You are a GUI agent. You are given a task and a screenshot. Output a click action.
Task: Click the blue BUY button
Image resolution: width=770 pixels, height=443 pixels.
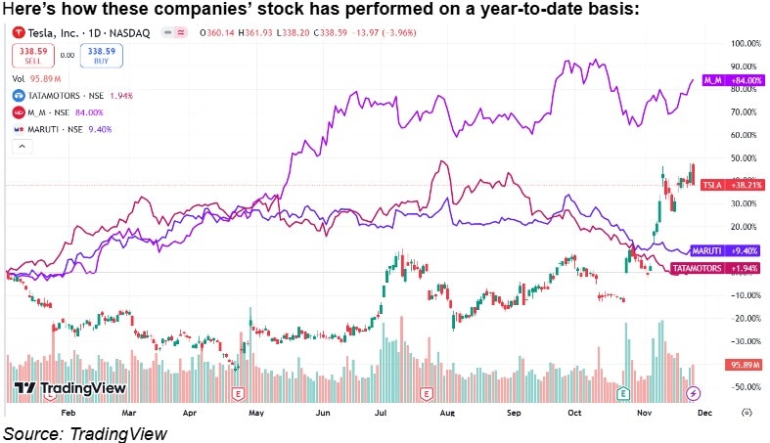click(102, 57)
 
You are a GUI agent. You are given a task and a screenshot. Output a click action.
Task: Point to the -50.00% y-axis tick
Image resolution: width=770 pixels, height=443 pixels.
click(748, 387)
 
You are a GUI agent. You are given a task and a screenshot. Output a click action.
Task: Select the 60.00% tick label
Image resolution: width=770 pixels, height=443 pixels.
click(748, 135)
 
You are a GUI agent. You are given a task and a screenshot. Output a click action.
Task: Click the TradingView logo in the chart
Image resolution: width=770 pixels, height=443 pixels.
click(69, 388)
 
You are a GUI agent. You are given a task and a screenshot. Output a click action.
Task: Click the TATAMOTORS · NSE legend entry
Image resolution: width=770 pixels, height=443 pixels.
click(70, 96)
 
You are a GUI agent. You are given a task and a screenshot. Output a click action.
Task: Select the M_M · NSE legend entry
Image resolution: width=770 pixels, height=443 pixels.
click(57, 112)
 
